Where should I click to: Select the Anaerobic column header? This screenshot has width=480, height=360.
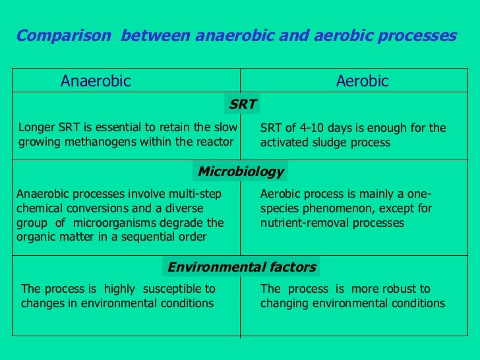click(x=96, y=81)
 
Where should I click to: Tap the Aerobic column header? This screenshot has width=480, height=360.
click(x=362, y=81)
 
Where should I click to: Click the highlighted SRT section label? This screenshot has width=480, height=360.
click(x=243, y=104)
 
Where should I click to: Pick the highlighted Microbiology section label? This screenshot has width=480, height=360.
click(x=241, y=172)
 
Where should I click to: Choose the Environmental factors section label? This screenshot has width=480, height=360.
click(x=241, y=267)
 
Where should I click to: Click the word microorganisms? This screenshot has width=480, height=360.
click(x=119, y=223)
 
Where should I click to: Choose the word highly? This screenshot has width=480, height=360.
click(x=119, y=289)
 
